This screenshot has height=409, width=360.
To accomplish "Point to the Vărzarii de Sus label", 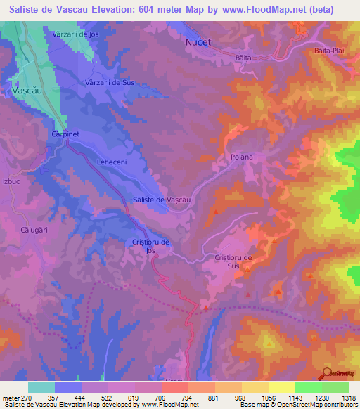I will click(109, 82).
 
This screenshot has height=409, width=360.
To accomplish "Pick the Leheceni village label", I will click(110, 162).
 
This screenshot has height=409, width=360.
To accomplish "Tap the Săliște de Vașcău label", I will click(162, 200).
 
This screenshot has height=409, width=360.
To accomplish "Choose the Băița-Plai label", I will click(329, 51).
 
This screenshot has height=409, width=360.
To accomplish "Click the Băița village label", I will click(243, 58).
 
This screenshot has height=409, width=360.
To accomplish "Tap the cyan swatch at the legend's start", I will click(41, 387).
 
